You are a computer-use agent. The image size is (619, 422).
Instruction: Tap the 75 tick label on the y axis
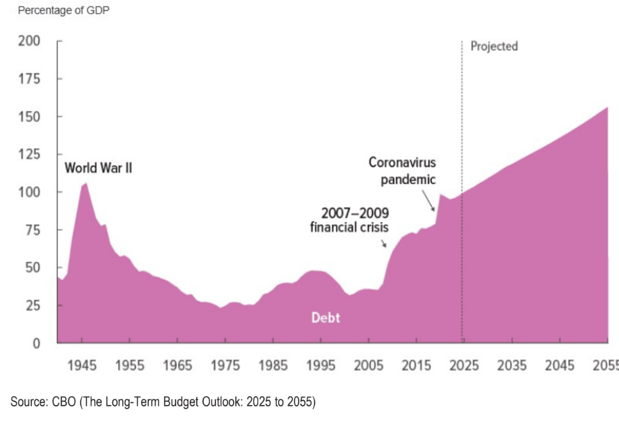click(x=34, y=230)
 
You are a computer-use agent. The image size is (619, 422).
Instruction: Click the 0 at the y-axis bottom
click(x=37, y=343)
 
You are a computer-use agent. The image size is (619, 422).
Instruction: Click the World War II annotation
click(x=98, y=168)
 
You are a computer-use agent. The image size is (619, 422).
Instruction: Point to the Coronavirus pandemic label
click(x=402, y=171)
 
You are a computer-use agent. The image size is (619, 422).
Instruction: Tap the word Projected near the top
click(x=494, y=46)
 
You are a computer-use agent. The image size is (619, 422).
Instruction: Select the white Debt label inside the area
click(x=326, y=317)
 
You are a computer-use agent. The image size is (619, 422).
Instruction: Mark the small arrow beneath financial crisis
click(x=384, y=243)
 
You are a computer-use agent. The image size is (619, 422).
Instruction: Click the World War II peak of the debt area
click(x=85, y=183)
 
